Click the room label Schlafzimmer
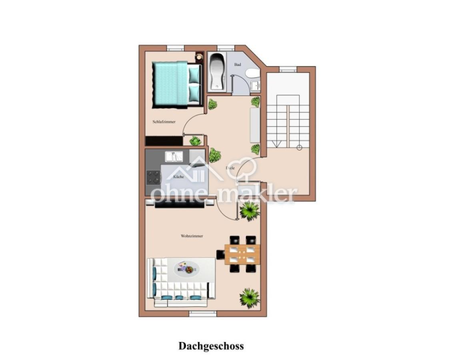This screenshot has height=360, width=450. point(164,122)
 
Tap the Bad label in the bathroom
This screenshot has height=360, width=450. point(238,64)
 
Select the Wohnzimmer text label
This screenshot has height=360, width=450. point(192,236)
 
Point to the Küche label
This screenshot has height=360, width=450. point(178,176)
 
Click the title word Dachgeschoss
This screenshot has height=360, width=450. point(211,346)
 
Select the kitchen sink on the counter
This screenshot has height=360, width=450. point(175,156)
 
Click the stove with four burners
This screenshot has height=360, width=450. point(153,177)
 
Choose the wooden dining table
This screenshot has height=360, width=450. point(242,254)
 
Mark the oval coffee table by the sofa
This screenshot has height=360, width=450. point(186,268)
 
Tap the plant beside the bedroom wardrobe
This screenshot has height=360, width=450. point(195,141)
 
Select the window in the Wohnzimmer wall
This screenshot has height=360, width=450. point(202,314)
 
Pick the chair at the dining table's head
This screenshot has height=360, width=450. point(220,254)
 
